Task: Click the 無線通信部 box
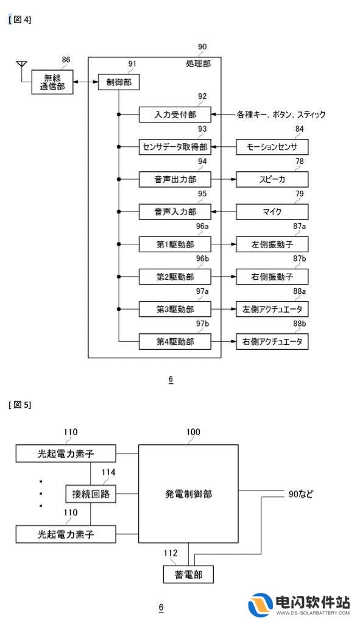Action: (x=52, y=82)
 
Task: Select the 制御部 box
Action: (x=119, y=82)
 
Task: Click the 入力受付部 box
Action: (x=175, y=115)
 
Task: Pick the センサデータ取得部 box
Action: (x=175, y=147)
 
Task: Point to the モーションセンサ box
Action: (x=272, y=147)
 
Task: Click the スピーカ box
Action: (x=272, y=179)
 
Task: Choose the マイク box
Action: (x=272, y=212)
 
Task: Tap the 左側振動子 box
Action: (x=272, y=244)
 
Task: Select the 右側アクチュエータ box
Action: (x=272, y=342)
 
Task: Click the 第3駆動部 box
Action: (x=175, y=310)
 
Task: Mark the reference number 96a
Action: (x=202, y=226)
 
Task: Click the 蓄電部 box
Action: (x=188, y=574)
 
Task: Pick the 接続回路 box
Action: (x=91, y=494)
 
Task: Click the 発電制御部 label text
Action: (x=188, y=494)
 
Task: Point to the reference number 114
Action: (x=108, y=472)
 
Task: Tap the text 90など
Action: (x=300, y=494)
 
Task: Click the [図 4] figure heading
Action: (x=20, y=20)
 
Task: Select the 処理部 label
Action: (x=198, y=63)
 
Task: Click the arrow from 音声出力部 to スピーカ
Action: (x=224, y=179)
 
